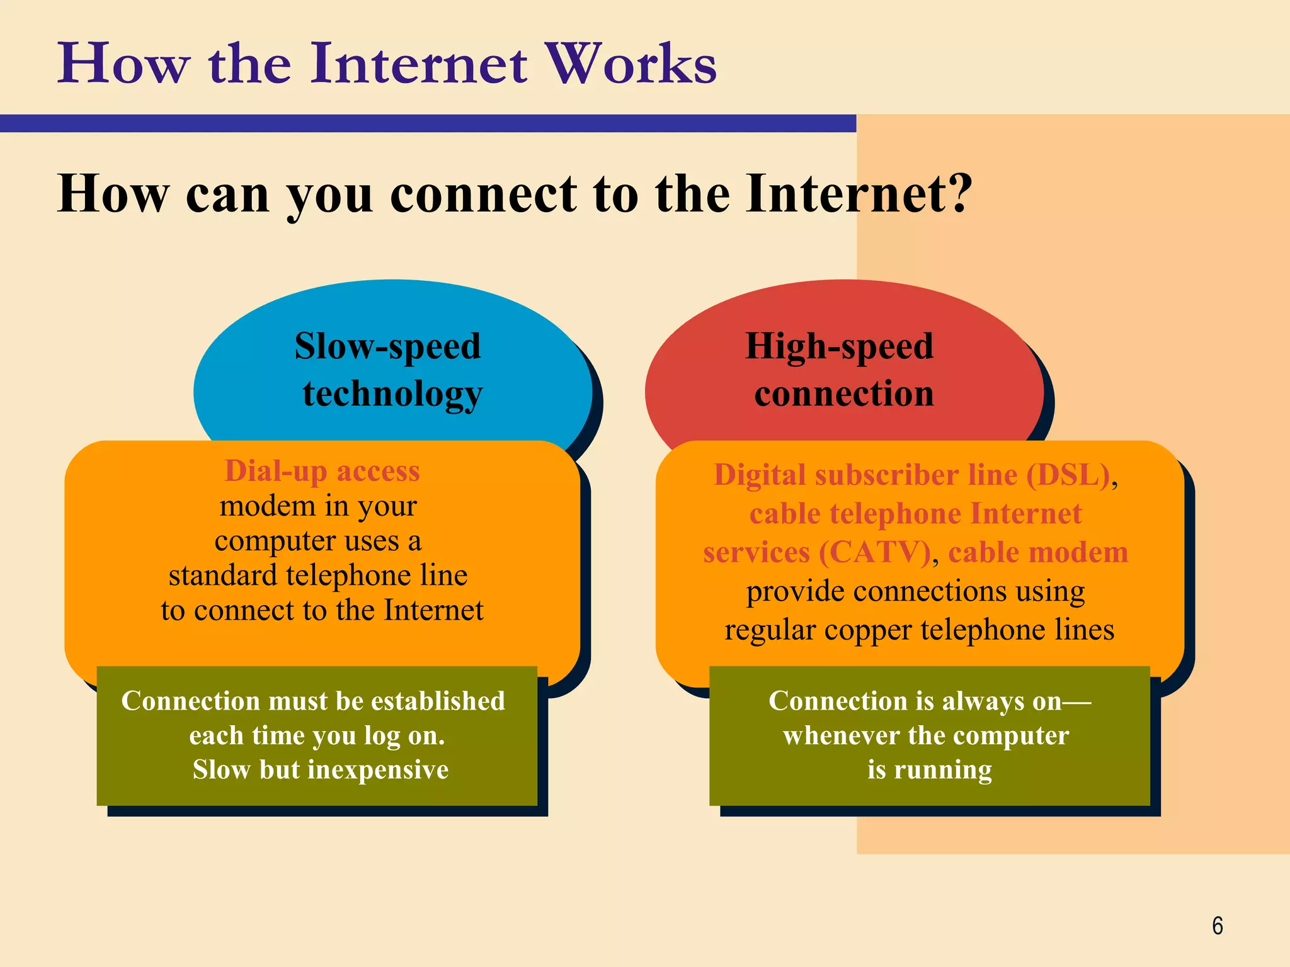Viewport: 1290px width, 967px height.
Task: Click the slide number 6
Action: (1217, 926)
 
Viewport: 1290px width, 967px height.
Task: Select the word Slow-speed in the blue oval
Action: (387, 347)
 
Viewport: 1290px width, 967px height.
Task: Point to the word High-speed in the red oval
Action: (839, 347)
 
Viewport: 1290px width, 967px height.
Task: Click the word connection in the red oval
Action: (844, 394)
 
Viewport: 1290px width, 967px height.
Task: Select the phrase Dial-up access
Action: (322, 471)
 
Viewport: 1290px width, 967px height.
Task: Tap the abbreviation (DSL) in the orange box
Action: (1068, 475)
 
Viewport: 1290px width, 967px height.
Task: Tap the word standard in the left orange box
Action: (222, 575)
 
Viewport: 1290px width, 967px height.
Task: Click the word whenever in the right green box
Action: (832, 735)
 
